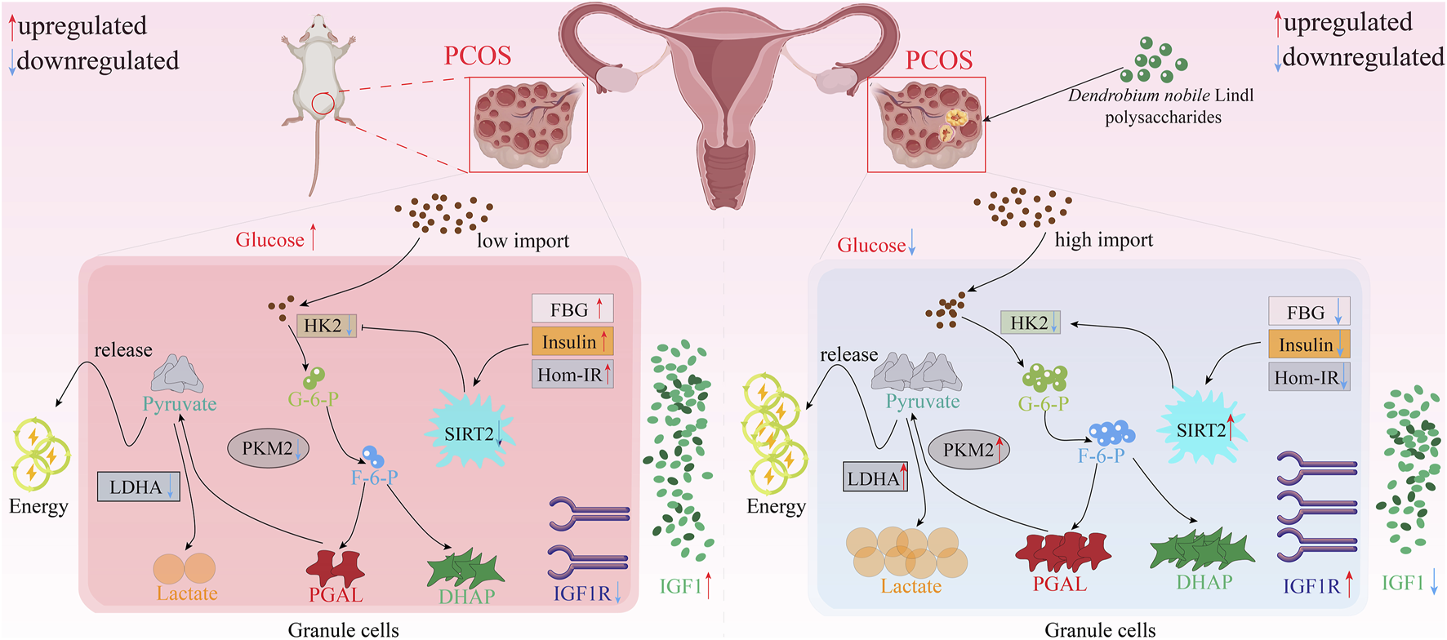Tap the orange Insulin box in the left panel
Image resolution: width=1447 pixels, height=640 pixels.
click(x=572, y=341)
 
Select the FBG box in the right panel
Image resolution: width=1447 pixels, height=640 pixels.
click(x=1308, y=312)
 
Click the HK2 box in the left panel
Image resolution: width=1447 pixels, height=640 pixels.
click(x=326, y=326)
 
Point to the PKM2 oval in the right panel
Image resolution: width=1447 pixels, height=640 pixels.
click(x=969, y=450)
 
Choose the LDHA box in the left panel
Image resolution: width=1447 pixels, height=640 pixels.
click(x=138, y=487)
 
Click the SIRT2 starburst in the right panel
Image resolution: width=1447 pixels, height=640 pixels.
click(x=1202, y=429)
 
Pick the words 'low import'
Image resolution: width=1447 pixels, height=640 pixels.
click(x=523, y=241)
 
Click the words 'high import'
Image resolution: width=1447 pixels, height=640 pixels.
click(x=1104, y=240)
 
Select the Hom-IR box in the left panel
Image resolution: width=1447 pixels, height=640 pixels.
click(x=572, y=375)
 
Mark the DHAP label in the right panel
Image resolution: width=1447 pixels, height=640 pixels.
click(x=1204, y=582)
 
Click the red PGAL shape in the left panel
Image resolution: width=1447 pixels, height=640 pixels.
click(x=335, y=564)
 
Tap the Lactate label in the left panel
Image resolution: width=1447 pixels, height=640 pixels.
click(x=187, y=593)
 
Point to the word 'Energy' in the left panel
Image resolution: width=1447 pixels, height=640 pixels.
click(x=38, y=506)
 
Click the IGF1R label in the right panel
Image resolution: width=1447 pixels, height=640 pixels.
click(x=1311, y=585)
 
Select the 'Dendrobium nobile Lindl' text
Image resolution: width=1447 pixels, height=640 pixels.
click(x=1160, y=96)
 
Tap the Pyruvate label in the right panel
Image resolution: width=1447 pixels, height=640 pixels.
click(x=923, y=402)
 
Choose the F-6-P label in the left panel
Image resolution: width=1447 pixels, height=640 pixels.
click(x=374, y=478)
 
